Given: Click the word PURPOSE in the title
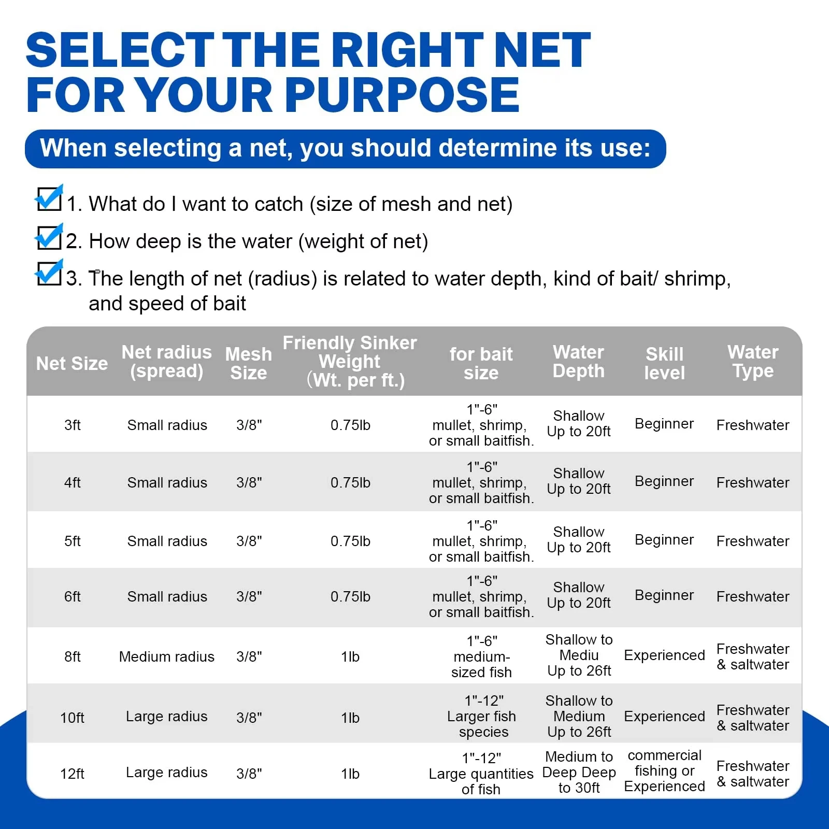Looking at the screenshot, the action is tap(402, 94).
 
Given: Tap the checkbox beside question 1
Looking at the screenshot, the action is tap(49, 198).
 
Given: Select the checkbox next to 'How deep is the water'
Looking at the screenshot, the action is tap(49, 236).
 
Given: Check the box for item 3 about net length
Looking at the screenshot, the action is tap(49, 273).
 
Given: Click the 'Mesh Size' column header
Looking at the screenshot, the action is tap(249, 363).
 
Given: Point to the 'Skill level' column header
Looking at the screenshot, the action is tap(664, 363).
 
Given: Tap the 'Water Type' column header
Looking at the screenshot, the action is tap(753, 361).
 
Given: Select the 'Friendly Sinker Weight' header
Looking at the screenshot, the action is tap(350, 361).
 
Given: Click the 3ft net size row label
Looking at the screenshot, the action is tap(73, 425).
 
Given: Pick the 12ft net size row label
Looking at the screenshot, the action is tap(73, 774).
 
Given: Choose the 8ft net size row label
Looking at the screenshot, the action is tap(73, 657).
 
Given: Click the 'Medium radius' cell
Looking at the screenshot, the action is tap(166, 656).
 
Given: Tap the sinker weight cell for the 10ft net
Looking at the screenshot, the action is tap(350, 718).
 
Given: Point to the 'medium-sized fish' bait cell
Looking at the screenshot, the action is tap(482, 656).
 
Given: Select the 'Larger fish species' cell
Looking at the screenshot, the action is tap(482, 716).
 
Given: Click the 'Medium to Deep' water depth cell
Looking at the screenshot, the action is tap(579, 772).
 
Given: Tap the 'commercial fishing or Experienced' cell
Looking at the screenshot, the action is tap(664, 770).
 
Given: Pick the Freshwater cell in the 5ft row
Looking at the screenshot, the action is tap(753, 541).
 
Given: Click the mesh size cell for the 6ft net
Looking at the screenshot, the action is tap(249, 596).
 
